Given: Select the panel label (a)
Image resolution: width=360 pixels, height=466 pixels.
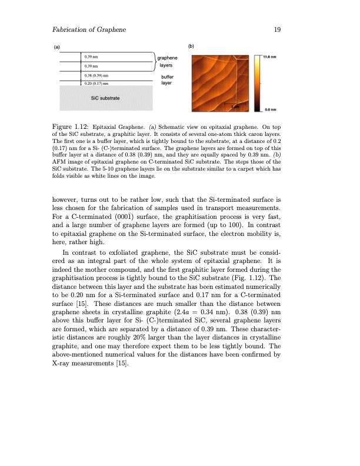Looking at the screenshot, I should (56, 46).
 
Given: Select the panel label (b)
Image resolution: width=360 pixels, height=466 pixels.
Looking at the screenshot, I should (191, 46).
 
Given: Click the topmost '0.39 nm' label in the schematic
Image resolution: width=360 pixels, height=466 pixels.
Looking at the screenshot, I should (91, 56).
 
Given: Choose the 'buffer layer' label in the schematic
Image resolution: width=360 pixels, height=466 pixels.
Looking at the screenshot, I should (169, 80).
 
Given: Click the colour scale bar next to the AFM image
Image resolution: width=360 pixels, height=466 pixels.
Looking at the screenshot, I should (258, 82).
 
